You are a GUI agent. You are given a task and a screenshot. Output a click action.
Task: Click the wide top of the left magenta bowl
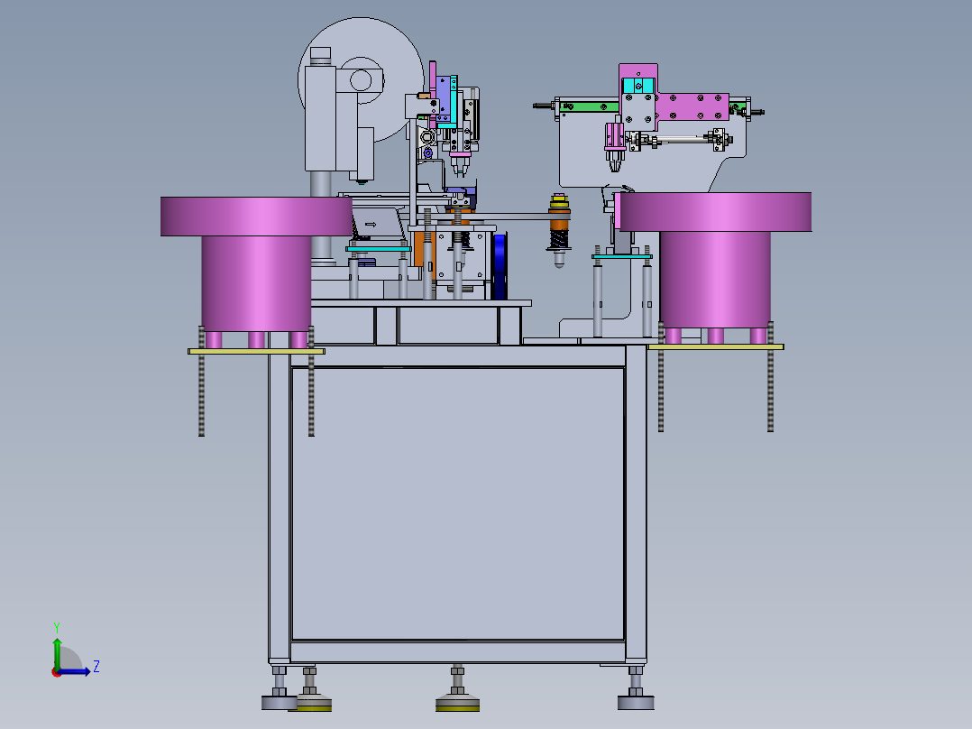tap(256, 217)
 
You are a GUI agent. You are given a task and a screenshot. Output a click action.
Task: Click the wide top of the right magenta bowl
tap(716, 211)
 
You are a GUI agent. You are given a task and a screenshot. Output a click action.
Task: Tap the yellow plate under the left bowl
tap(256, 351)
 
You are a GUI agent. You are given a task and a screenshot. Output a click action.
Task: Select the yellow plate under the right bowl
tap(715, 346)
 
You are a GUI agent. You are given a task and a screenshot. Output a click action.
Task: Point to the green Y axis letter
tap(57, 628)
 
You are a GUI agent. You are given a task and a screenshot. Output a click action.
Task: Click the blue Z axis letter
tap(96, 667)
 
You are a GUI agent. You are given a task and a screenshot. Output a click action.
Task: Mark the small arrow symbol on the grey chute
tap(371, 225)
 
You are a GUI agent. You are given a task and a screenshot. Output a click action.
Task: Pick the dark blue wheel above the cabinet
tap(500, 266)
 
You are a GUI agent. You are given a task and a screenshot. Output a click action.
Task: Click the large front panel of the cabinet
tap(457, 503)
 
